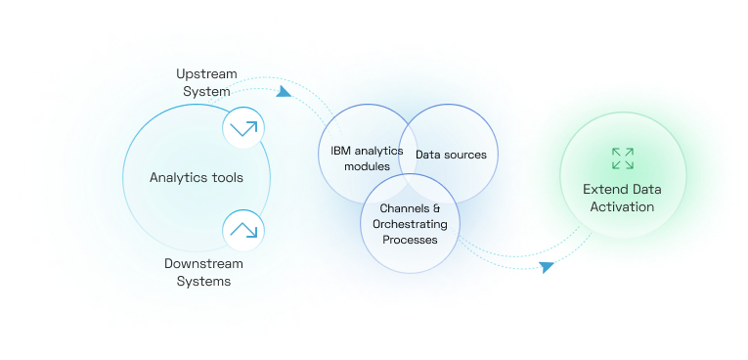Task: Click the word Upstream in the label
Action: (x=206, y=74)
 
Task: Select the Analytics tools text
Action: (x=197, y=177)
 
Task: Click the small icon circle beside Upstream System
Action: (x=243, y=127)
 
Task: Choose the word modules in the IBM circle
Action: (x=367, y=166)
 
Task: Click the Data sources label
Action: (x=451, y=155)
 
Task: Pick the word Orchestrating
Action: (x=410, y=224)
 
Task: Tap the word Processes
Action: (x=410, y=239)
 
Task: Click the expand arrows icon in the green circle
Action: (x=622, y=158)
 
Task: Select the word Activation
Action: (x=619, y=206)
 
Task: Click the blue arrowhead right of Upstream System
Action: (x=284, y=92)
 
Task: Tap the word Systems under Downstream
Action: (x=204, y=281)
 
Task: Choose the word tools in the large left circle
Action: (x=226, y=177)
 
